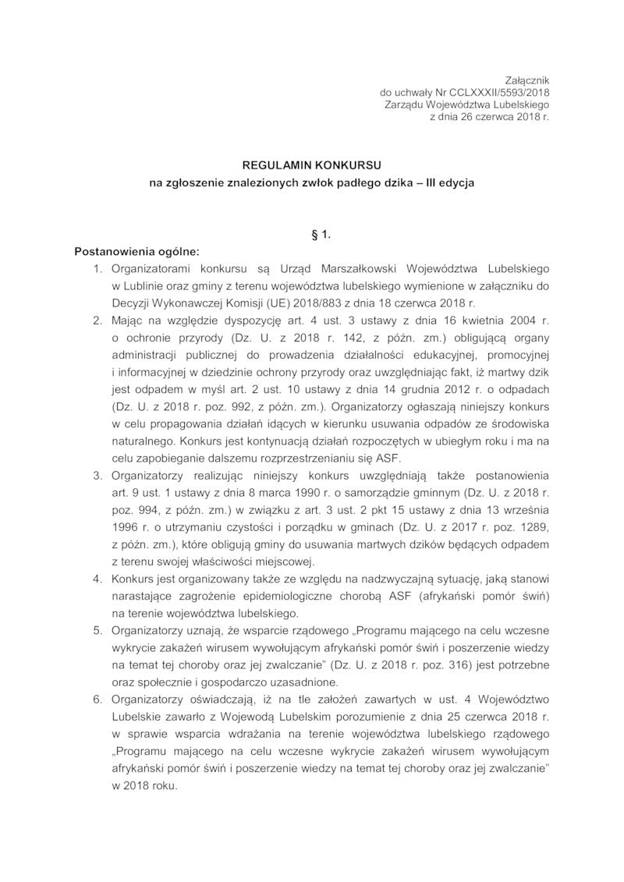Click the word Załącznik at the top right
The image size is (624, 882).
click(x=527, y=80)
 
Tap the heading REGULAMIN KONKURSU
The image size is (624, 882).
click(x=311, y=166)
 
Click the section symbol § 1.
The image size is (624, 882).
click(x=311, y=233)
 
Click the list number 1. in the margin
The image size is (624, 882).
click(x=98, y=269)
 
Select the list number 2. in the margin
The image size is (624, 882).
click(x=98, y=320)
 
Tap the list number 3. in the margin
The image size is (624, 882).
click(x=98, y=475)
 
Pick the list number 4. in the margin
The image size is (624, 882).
click(x=98, y=579)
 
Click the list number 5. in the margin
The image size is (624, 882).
click(x=98, y=630)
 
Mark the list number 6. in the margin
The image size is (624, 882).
click(x=98, y=700)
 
